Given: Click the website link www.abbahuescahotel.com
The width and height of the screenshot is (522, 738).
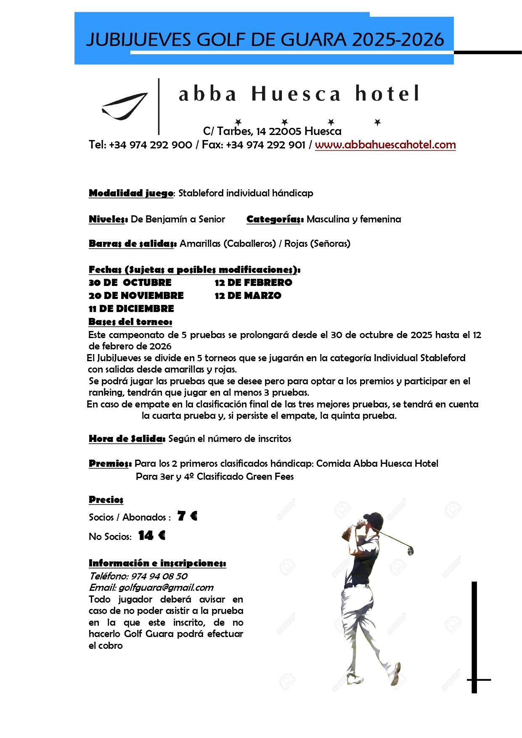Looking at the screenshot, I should tap(385, 145).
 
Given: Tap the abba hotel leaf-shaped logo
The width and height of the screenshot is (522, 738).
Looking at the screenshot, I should tap(125, 106).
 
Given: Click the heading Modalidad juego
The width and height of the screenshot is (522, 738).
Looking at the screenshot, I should tap(131, 193).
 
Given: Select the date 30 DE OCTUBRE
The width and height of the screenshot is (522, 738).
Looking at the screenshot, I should tap(130, 283).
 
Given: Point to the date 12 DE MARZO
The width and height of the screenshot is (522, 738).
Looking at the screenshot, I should tap(248, 296).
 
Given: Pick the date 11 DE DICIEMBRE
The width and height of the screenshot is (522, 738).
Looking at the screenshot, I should tap(131, 309).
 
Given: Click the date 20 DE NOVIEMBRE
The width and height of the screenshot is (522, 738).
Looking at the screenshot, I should tap(136, 296).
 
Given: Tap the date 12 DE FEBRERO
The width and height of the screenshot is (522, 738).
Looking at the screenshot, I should tap(253, 283).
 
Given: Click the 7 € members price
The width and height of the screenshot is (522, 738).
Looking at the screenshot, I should tap(187, 516).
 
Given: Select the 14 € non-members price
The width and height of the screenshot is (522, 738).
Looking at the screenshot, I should tap(151, 535).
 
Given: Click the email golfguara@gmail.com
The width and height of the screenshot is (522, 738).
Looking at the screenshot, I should tap(166, 587).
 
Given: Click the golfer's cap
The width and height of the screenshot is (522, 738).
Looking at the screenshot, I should tap(373, 518).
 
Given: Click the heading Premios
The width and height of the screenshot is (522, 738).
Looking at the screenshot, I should tap(110, 463).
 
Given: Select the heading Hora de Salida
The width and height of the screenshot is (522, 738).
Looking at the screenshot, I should tap(127, 439).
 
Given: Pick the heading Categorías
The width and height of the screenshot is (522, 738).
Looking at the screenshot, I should tap(275, 219).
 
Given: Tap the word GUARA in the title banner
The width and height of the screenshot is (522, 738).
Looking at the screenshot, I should tap(313, 40).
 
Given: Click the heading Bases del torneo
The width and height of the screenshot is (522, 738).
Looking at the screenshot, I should tap(130, 322).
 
